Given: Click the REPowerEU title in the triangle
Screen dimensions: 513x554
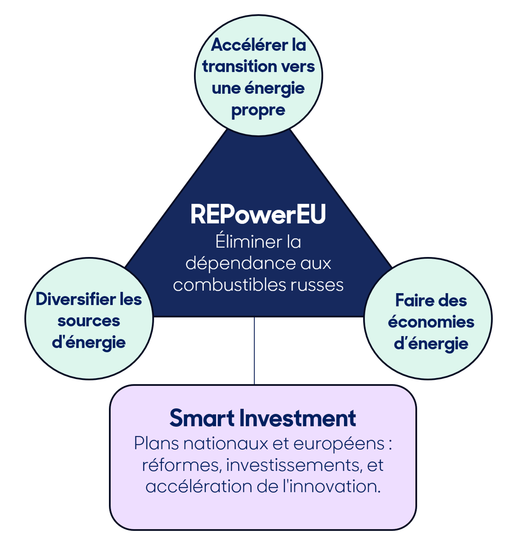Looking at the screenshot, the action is [258, 214].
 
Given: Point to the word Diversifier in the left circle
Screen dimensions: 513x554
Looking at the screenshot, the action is [76, 299].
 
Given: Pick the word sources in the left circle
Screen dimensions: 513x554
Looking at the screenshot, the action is [89, 321].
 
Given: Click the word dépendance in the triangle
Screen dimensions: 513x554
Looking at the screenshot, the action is [240, 263].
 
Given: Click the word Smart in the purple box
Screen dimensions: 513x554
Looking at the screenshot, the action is [202, 418].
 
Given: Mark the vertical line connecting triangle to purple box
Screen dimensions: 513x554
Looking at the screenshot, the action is [254, 351].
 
